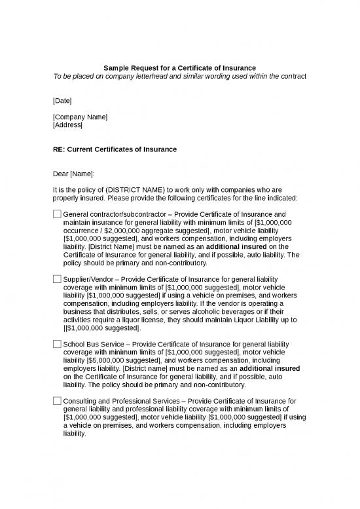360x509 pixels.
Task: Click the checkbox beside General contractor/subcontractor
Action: tap(56, 214)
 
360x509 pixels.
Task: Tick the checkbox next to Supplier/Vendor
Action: tap(56, 279)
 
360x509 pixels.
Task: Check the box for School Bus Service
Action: tap(56, 344)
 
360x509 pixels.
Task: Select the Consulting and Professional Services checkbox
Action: tap(56, 401)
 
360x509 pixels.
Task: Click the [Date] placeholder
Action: tap(62, 100)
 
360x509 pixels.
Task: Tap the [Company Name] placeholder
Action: tap(81, 117)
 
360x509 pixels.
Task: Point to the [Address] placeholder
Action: tap(67, 124)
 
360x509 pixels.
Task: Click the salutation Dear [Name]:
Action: tap(73, 174)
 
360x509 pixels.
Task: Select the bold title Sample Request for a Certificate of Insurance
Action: tap(179, 67)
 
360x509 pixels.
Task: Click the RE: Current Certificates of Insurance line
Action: tap(115, 149)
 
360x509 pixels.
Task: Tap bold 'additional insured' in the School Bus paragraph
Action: tap(270, 369)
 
